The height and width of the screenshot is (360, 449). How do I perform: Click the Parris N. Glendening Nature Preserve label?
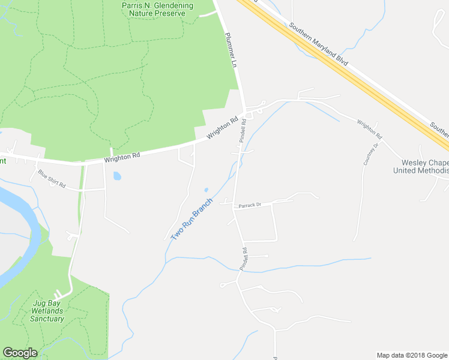tap(157, 9)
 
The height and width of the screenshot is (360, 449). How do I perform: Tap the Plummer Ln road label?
tap(231, 50)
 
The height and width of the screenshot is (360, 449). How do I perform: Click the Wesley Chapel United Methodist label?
tap(421, 167)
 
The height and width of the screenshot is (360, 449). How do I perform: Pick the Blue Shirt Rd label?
tap(52, 179)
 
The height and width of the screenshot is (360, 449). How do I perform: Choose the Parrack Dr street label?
tap(250, 205)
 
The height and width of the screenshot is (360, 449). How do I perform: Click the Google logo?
tap(20, 353)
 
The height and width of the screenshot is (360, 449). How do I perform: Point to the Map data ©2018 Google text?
tap(412, 355)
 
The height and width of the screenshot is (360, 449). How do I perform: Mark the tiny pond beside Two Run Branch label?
tap(206, 190)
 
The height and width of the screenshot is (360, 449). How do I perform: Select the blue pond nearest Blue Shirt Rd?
tap(116, 176)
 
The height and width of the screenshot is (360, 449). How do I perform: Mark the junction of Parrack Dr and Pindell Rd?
tap(234, 206)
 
